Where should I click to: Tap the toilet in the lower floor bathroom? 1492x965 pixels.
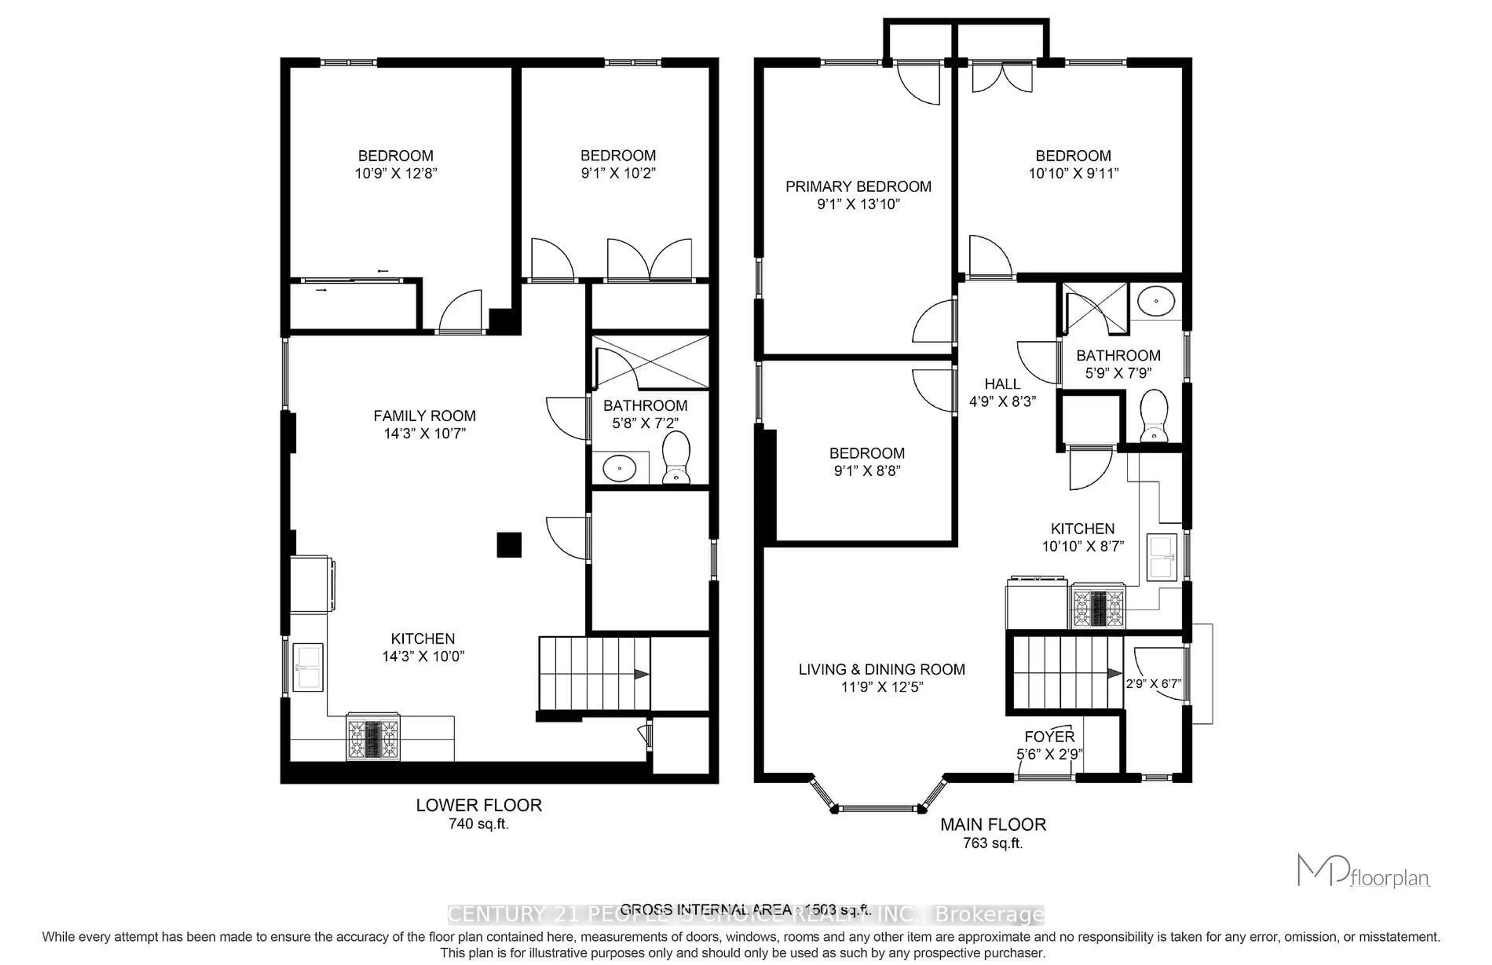[x=676, y=457]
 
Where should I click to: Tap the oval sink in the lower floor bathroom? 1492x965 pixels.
[x=619, y=467]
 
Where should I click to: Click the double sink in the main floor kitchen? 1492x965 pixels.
[x=1161, y=557]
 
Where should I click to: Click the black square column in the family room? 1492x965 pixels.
[x=509, y=545]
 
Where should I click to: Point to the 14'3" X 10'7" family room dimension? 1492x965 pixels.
[x=425, y=433]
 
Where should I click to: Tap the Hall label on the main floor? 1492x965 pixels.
[x=1002, y=383]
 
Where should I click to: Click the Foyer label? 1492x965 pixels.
[x=1049, y=736]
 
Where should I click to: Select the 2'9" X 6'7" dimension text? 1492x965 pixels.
[x=1153, y=684]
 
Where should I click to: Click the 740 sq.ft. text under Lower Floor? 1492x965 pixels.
[x=478, y=824]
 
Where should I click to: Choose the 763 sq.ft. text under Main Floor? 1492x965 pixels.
[x=993, y=843]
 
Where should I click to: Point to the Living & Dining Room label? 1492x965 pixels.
[x=881, y=669]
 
